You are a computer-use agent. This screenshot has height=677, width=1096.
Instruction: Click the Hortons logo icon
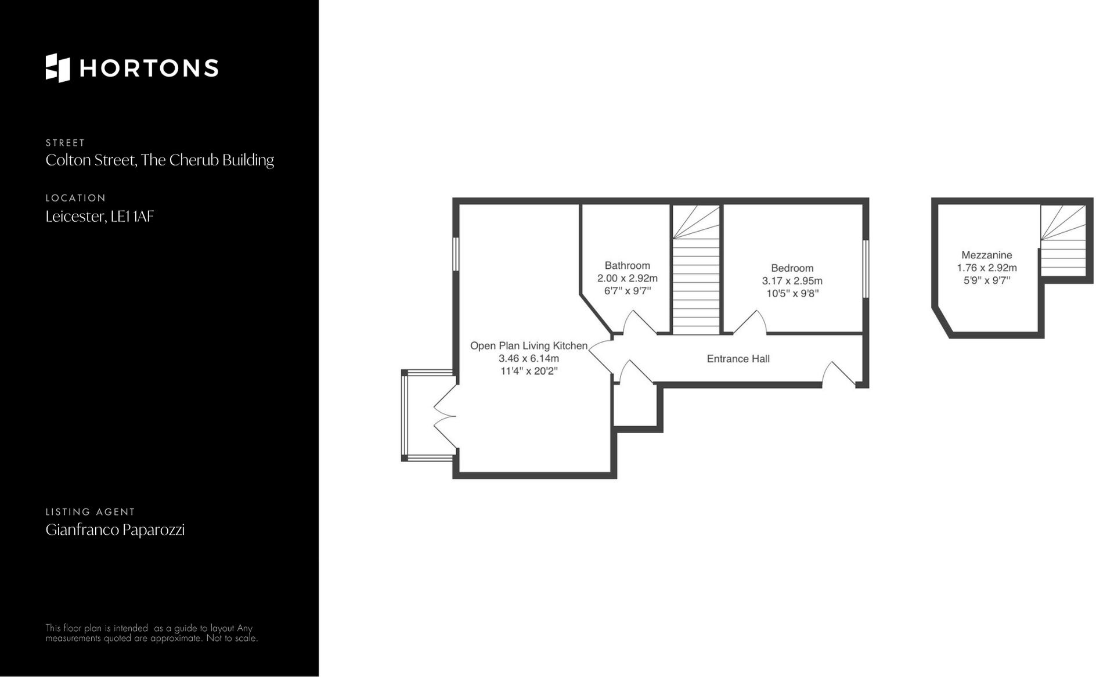[57, 68]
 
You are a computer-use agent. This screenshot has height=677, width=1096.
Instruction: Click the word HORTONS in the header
[149, 69]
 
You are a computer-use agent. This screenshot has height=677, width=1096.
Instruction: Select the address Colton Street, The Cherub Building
[160, 160]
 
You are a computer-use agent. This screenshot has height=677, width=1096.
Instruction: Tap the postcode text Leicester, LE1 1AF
[99, 217]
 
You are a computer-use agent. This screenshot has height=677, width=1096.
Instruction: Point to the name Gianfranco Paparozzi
[115, 530]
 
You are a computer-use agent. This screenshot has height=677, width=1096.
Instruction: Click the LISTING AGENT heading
[90, 512]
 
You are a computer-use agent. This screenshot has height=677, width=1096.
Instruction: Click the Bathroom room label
[627, 265]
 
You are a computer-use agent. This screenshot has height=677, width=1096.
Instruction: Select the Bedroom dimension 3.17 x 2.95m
[792, 281]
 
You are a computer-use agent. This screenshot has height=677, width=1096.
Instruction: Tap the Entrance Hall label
[738, 359]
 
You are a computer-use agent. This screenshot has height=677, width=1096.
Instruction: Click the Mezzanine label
[986, 255]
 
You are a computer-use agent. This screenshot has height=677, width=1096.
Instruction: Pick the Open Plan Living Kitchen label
[528, 345]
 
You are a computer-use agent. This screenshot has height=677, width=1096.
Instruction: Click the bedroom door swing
[750, 323]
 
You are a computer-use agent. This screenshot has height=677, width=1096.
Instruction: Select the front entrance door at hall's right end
[838, 374]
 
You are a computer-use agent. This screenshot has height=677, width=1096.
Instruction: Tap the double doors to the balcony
[444, 416]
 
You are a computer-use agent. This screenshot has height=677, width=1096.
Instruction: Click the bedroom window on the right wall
[865, 269]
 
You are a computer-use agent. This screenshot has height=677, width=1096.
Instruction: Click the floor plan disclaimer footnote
[151, 633]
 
